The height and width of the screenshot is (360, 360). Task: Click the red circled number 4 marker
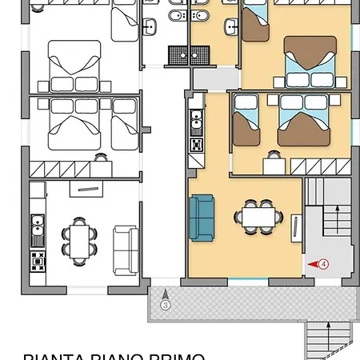(x=324, y=262)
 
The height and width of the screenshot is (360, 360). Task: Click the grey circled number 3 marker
(x=165, y=304)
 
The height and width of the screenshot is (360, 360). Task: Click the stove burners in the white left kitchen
(x=37, y=259)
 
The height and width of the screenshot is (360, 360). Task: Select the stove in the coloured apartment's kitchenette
(x=195, y=146)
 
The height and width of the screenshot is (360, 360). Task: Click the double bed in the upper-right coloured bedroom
(x=308, y=61)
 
